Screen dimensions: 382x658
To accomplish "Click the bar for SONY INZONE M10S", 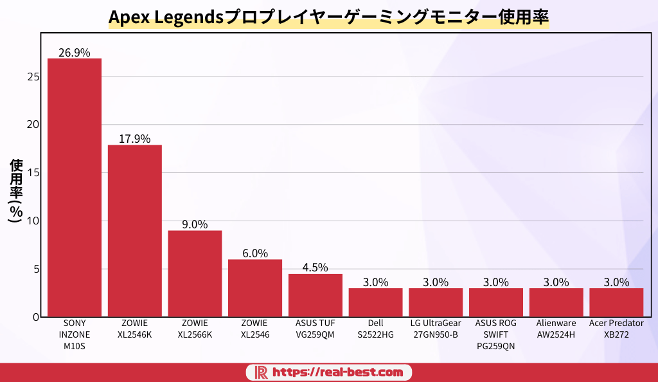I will coord(74,187).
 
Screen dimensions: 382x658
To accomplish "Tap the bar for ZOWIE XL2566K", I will coord(195,273).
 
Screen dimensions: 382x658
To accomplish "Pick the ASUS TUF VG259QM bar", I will coord(315,295).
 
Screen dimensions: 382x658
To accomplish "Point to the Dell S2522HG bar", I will coord(375,302).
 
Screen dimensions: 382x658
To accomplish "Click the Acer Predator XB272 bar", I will coord(616,302).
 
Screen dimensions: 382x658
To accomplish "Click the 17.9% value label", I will coord(134,139).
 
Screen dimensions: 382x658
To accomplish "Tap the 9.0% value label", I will coord(195,224).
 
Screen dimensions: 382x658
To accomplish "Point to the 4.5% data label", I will coord(315,268).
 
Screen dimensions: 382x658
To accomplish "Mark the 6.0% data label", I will coord(255,253).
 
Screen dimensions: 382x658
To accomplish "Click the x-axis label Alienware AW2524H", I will coord(556,329).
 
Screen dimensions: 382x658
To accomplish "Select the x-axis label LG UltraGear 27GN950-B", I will coord(436,329).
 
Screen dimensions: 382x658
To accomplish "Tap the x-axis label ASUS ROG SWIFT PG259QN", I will coord(495,334).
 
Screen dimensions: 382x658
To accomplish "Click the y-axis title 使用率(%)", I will coord(16,190).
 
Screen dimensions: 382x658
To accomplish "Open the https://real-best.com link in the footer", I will coord(337,372).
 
